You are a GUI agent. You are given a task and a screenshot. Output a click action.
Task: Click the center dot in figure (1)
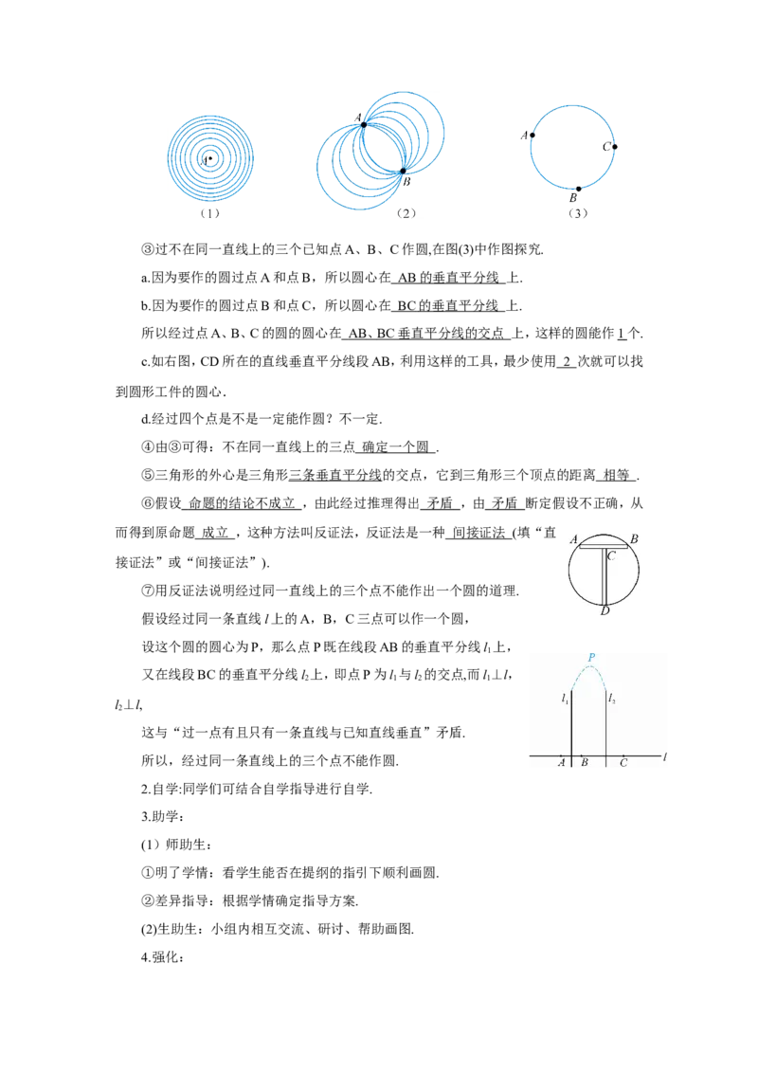pyautogui.click(x=210, y=158)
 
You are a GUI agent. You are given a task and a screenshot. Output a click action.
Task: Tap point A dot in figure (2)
pyautogui.click(x=364, y=124)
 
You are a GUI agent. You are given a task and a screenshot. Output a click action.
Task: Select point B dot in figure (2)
pyautogui.click(x=403, y=171)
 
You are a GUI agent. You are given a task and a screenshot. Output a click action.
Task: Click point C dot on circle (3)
pyautogui.click(x=614, y=146)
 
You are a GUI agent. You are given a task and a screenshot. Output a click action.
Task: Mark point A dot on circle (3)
pyautogui.click(x=532, y=135)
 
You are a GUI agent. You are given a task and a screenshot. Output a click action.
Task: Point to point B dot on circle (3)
pyautogui.click(x=578, y=189)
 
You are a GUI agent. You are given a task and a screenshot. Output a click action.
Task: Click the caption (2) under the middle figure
pyautogui.click(x=406, y=213)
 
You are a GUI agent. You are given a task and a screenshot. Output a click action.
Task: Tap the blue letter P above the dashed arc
pyautogui.click(x=591, y=658)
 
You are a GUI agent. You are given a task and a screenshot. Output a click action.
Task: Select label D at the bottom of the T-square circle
pyautogui.click(x=605, y=610)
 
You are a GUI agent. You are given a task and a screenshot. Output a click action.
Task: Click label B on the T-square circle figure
pyautogui.click(x=634, y=539)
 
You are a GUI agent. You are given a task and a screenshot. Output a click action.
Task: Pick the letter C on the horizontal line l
pyautogui.click(x=623, y=762)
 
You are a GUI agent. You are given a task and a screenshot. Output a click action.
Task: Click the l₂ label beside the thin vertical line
pyautogui.click(x=611, y=699)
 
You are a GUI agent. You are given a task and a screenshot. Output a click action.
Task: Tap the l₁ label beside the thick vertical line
pyautogui.click(x=565, y=699)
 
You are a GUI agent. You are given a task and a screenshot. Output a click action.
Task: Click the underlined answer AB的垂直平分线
pyautogui.click(x=448, y=278)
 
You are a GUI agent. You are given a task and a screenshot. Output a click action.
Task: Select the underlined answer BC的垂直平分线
pyautogui.click(x=448, y=306)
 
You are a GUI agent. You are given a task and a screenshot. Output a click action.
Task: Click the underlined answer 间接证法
pyautogui.click(x=478, y=533)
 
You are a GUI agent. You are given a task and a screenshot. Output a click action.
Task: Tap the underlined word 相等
pyautogui.click(x=617, y=476)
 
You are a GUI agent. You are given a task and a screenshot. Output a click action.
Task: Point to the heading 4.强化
pyautogui.click(x=163, y=957)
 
